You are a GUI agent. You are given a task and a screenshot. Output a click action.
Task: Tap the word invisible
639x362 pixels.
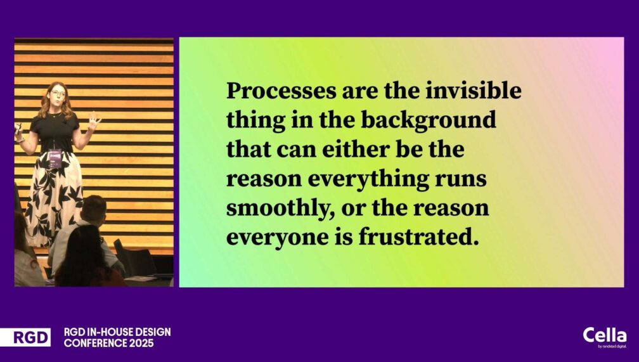474,91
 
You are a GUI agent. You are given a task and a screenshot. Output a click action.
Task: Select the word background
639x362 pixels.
429,120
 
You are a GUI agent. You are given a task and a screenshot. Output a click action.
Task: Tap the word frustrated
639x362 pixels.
418,237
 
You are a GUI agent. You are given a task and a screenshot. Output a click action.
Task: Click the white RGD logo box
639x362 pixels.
25,337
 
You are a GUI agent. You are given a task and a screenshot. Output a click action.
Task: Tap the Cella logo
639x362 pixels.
605,337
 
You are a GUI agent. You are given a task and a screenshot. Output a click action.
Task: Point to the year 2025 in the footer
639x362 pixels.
141,343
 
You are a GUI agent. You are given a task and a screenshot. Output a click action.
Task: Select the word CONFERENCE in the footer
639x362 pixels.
95,343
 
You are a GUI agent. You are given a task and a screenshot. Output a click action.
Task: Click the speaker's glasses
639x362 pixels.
58,93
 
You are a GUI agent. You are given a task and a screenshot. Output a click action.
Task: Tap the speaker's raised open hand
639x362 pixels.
94,120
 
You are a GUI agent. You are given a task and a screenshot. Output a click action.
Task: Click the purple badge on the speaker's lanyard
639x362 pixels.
55,158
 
